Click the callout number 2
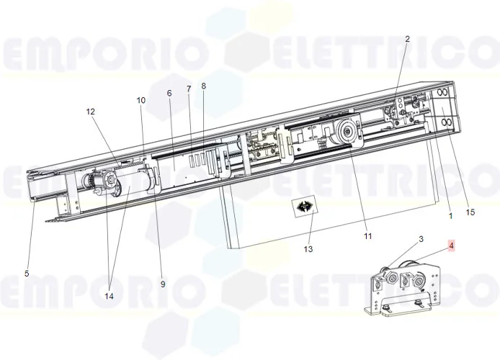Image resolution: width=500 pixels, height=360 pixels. coord(407,39)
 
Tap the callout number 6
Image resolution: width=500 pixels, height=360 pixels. coord(169,93)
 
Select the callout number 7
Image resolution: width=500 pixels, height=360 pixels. coord(189,89)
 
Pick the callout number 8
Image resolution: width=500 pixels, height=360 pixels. coord(203,86)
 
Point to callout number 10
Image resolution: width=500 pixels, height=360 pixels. coord(141,100)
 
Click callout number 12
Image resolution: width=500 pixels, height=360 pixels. coord(91,112)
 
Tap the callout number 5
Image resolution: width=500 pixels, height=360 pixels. coord(27,274)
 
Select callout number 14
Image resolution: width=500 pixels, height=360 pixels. coord(109,297)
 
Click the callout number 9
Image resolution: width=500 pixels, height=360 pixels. coord(163,284)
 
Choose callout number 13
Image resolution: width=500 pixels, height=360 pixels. coord(308,249)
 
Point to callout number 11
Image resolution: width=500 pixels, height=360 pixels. coord(368,236)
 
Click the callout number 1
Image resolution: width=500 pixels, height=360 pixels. coord(450,216)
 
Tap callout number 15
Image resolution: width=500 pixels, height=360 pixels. coord(470,212)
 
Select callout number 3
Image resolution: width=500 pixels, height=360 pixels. coord(421,239)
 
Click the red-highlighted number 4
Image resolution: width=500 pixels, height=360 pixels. coord(451,246)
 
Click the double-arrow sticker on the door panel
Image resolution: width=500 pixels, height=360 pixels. coord(305,207)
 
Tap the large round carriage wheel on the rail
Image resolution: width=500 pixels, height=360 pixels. coord(347,132)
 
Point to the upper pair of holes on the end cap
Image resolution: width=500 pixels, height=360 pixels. coord(442,93)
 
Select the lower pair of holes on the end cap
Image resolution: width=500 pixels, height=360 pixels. coord(445,122)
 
